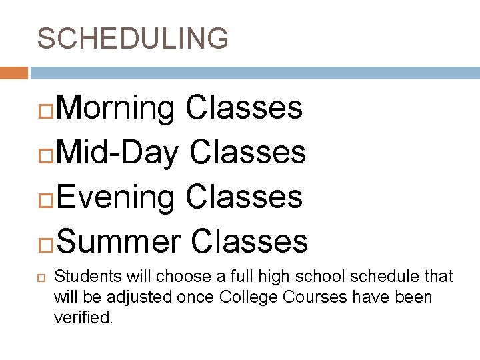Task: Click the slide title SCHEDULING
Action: pos(133,38)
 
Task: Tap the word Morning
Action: pos(114,109)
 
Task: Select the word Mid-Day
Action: pos(117,153)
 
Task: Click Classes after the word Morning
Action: pos(245,107)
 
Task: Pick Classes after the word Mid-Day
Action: pos(248,152)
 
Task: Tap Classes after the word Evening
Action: pos(245,197)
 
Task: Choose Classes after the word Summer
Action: pos(249,241)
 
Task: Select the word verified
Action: pos(83,317)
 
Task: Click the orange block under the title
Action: pos(13,73)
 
